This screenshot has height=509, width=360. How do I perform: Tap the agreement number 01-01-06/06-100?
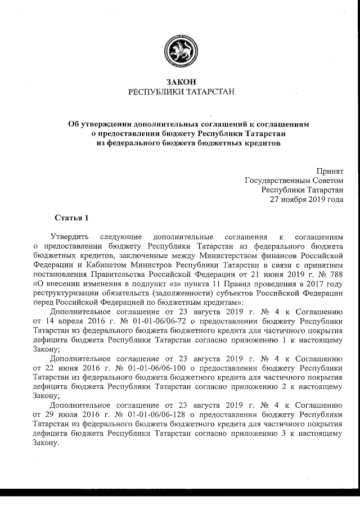[x=145, y=367]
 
